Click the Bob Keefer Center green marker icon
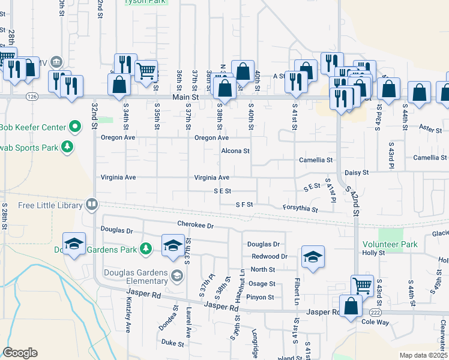click(x=75, y=127)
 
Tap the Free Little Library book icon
click(x=92, y=205)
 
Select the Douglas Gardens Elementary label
click(x=133, y=277)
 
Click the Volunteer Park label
click(x=390, y=244)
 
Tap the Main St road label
click(x=185, y=97)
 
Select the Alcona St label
click(x=235, y=151)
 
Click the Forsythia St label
click(x=301, y=208)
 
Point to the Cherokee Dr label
click(x=196, y=225)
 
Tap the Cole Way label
click(x=375, y=322)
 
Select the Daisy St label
click(x=357, y=172)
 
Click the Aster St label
click(x=430, y=128)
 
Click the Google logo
click(x=20, y=353)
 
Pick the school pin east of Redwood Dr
click(x=313, y=257)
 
